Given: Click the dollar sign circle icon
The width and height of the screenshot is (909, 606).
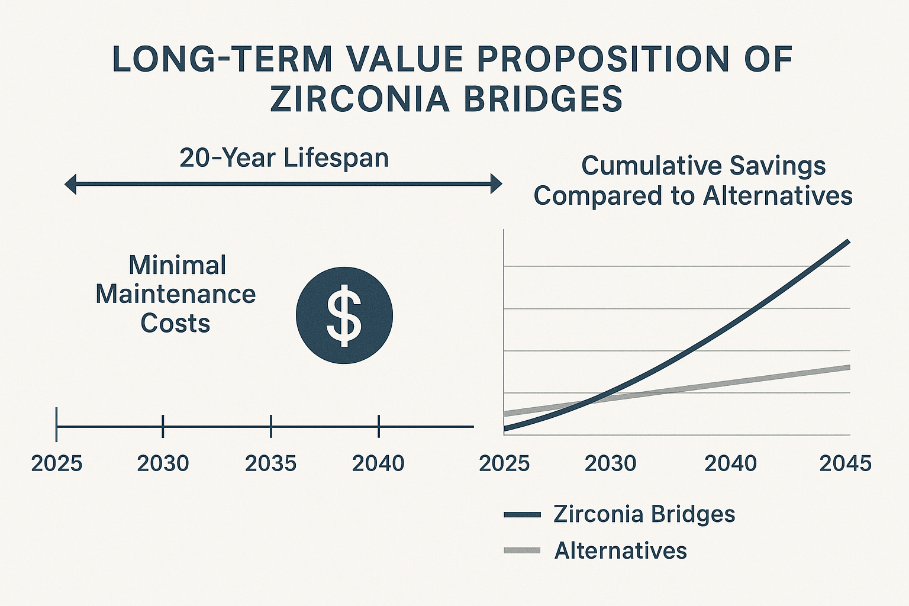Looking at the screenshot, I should click(x=344, y=315).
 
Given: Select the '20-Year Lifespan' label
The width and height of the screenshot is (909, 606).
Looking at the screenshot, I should click(x=284, y=158).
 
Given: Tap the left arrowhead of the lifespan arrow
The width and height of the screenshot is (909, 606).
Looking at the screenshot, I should click(x=70, y=184).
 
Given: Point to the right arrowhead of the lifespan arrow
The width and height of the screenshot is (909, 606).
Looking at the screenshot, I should click(x=496, y=184).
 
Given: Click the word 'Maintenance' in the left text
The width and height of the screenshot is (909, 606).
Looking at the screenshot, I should click(x=175, y=294).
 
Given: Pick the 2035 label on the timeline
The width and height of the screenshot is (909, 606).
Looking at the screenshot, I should click(x=270, y=463).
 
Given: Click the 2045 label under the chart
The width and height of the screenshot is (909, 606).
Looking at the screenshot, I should click(x=845, y=463).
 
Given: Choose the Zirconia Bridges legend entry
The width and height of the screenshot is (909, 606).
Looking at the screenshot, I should click(x=644, y=514).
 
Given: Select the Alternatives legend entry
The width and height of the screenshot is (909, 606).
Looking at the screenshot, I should click(x=620, y=551).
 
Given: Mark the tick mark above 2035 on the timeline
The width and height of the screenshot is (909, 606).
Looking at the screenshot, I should click(x=270, y=426).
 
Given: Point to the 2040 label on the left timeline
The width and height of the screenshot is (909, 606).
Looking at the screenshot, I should click(x=378, y=463).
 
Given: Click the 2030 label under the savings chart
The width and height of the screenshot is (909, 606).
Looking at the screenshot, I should click(x=610, y=463).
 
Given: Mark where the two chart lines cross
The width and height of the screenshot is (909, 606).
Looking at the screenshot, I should click(x=592, y=399).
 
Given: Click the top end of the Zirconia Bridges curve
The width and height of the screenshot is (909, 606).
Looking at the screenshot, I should click(x=849, y=241).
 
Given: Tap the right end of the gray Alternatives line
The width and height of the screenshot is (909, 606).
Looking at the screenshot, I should click(x=849, y=368).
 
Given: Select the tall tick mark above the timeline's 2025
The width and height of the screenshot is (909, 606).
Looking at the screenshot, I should click(x=56, y=424).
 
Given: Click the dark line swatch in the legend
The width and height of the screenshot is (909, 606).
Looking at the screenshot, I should click(x=522, y=515).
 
